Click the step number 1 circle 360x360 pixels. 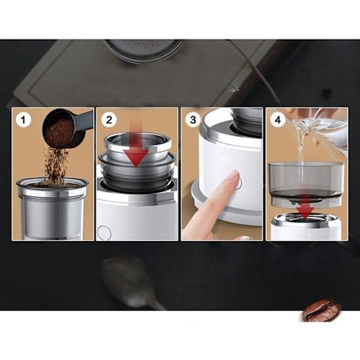click(x=23, y=119)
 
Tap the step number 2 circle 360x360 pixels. click(x=109, y=119)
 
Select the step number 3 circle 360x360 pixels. click(x=193, y=119)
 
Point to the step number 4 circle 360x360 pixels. click(x=278, y=119)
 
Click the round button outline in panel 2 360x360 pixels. click(x=104, y=232)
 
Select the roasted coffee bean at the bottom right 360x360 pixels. click(x=322, y=310)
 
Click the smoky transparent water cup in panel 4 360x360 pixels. click(x=306, y=183)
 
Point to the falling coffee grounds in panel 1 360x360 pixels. click(x=55, y=166)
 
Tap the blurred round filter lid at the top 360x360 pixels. click(x=143, y=50)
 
